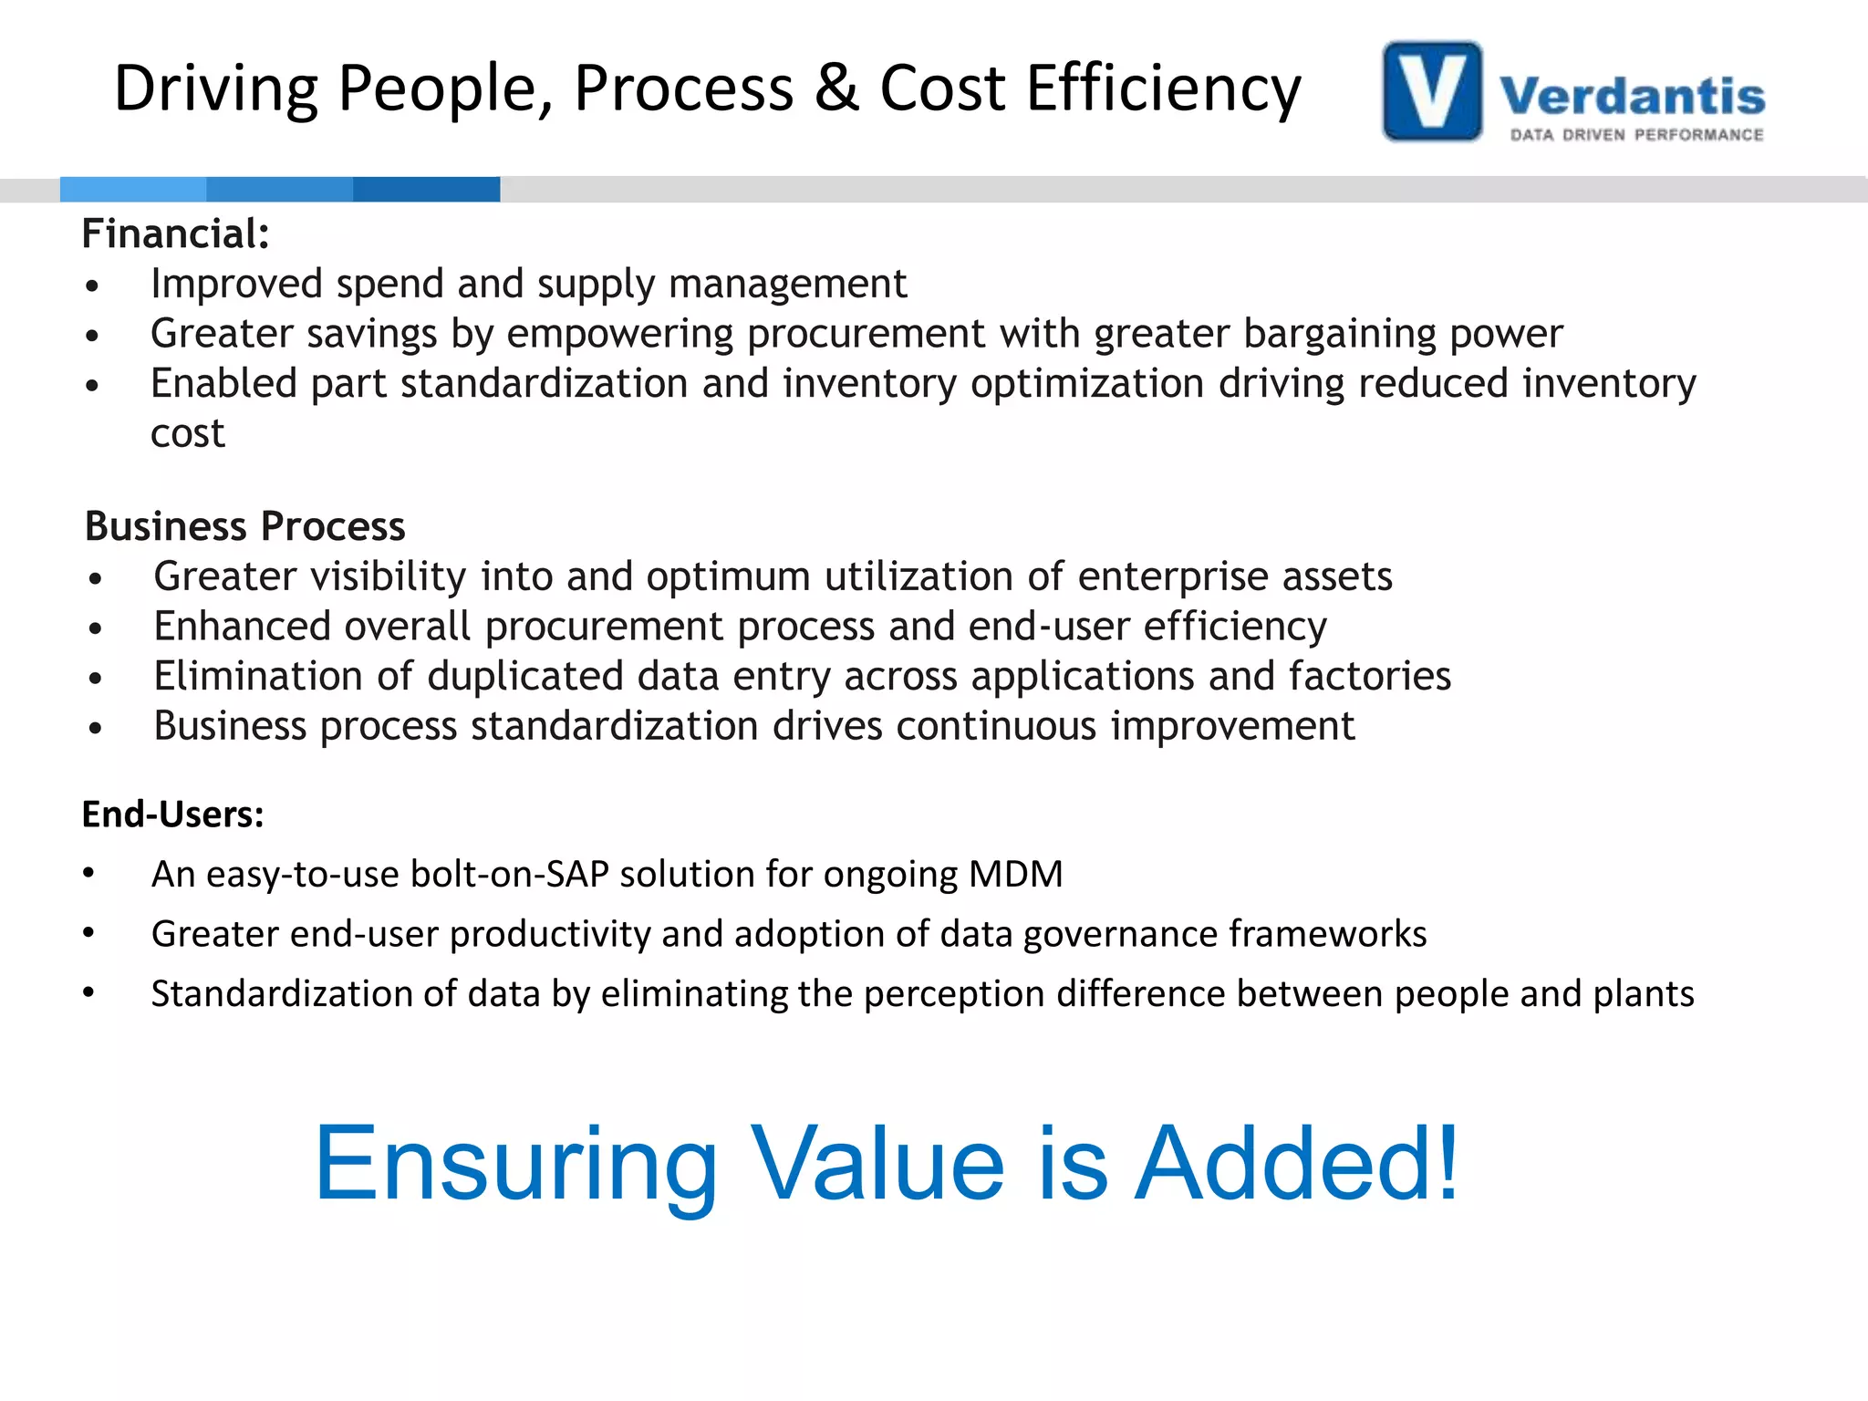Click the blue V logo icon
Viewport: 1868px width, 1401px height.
(x=1432, y=91)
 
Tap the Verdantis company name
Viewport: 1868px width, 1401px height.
(x=1632, y=96)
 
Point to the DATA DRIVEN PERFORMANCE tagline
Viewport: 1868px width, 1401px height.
(x=1636, y=135)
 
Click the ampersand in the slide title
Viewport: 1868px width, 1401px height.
(x=836, y=88)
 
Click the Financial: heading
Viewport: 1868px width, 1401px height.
(x=175, y=233)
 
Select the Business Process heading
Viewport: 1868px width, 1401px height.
(x=244, y=526)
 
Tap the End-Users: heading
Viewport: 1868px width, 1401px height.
(x=172, y=814)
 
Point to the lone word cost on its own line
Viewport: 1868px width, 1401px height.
(x=187, y=433)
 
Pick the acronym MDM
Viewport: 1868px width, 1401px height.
(x=1015, y=874)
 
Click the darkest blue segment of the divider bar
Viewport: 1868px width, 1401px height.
(x=426, y=189)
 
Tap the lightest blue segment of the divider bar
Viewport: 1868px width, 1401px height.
(x=133, y=189)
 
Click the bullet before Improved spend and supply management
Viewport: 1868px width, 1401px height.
(x=91, y=286)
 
